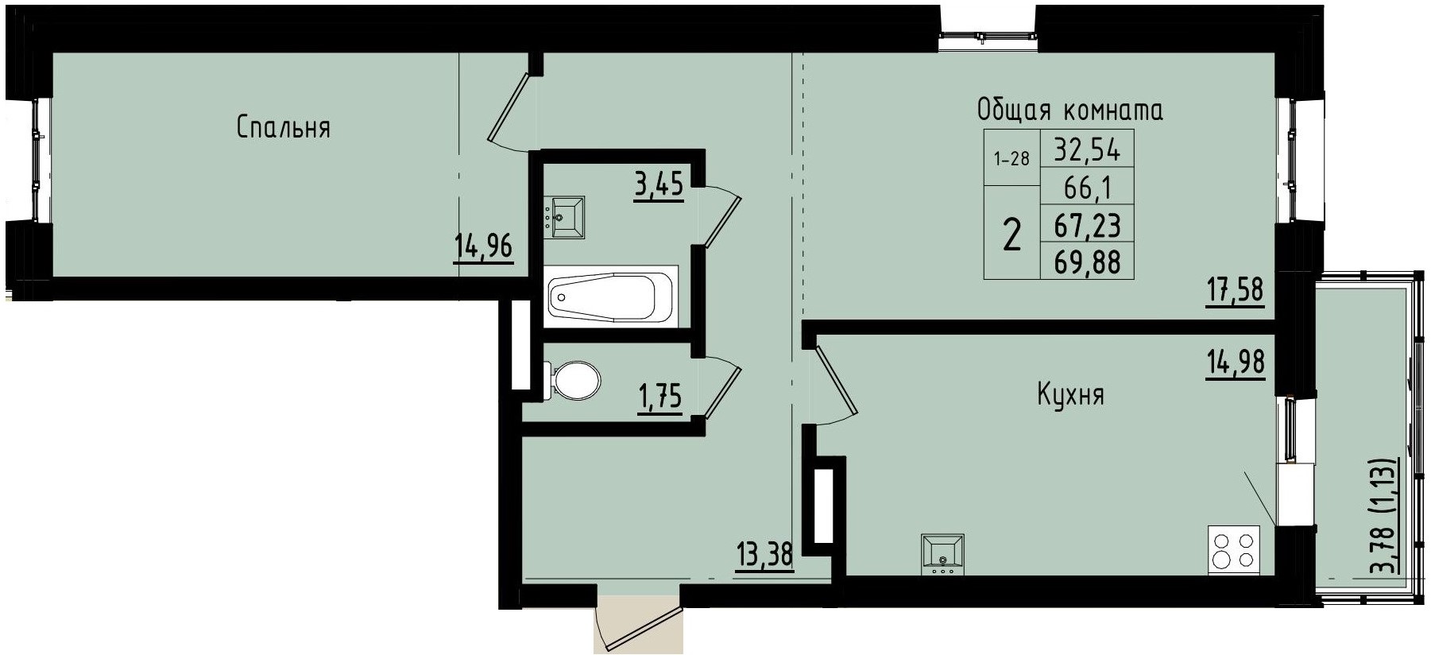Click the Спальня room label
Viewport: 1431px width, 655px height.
(283, 127)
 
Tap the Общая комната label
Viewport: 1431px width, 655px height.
(1069, 110)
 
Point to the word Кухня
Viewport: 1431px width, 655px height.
(1070, 394)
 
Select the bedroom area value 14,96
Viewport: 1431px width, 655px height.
(483, 247)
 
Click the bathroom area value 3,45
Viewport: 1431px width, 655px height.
(659, 187)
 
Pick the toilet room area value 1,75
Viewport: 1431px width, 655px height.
(659, 395)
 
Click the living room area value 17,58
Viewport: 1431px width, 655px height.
(1235, 289)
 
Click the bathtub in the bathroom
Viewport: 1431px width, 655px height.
(611, 296)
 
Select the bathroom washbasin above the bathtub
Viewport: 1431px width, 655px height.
(565, 217)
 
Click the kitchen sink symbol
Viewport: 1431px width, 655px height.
(942, 554)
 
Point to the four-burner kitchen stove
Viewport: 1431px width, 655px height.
(1234, 550)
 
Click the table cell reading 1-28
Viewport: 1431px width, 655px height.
(1011, 158)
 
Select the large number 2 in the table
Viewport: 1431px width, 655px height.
(1011, 234)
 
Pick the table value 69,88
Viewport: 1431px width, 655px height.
(1087, 262)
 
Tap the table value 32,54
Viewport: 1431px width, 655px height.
(1087, 149)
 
